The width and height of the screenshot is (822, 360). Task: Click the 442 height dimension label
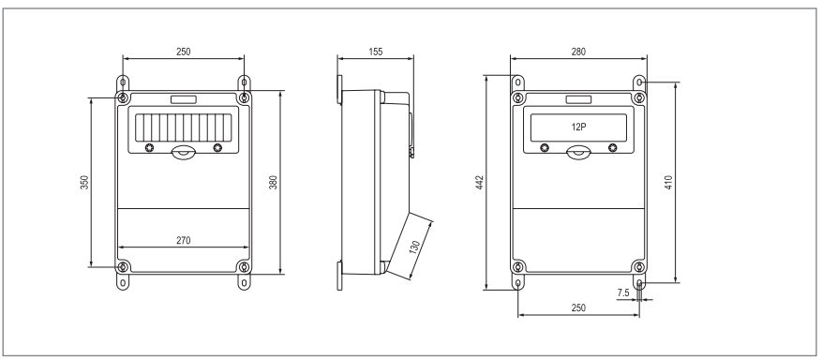pos(480,183)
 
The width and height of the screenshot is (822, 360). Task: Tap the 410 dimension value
pos(668,183)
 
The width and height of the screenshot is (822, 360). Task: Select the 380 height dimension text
pos(273,183)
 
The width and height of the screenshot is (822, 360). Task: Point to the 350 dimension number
pos(84,183)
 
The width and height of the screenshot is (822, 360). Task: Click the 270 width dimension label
pos(183,241)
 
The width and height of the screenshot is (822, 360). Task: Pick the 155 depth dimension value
pos(375,52)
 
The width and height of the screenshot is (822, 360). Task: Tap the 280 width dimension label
pos(578,52)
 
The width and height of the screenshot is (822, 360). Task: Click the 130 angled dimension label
pos(414,247)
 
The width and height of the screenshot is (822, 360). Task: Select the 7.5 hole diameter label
pos(622,292)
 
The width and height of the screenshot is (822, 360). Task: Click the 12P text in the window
pos(578,127)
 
